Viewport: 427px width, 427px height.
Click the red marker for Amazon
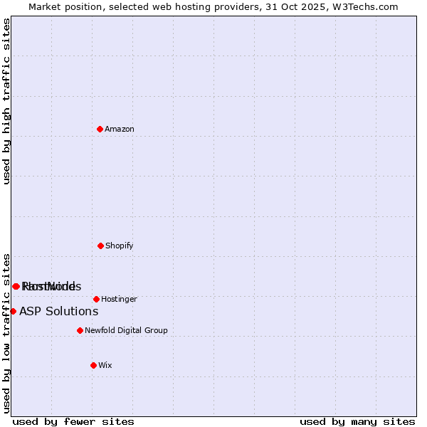click(x=100, y=129)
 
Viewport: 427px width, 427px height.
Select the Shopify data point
click(x=100, y=246)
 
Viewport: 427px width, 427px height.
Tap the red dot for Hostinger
click(x=96, y=299)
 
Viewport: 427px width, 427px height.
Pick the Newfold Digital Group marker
click(x=80, y=330)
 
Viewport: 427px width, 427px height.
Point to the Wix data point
click(x=93, y=365)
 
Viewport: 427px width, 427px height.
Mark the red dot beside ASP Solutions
click(x=13, y=311)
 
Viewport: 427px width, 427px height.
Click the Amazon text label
click(x=120, y=129)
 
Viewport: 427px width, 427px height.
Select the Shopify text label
click(x=119, y=246)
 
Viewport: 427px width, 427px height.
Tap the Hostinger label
click(x=119, y=299)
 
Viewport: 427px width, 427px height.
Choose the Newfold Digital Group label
click(x=126, y=330)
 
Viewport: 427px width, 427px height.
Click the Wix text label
click(x=105, y=365)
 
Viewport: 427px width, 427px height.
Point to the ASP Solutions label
click(x=58, y=311)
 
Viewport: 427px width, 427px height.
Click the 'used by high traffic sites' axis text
click(x=7, y=101)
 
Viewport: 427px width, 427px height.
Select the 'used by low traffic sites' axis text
click(x=7, y=332)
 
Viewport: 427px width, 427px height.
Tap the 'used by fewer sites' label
click(x=73, y=421)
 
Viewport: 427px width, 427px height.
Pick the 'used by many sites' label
click(x=357, y=421)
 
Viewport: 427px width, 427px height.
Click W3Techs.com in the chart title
click(x=367, y=6)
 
